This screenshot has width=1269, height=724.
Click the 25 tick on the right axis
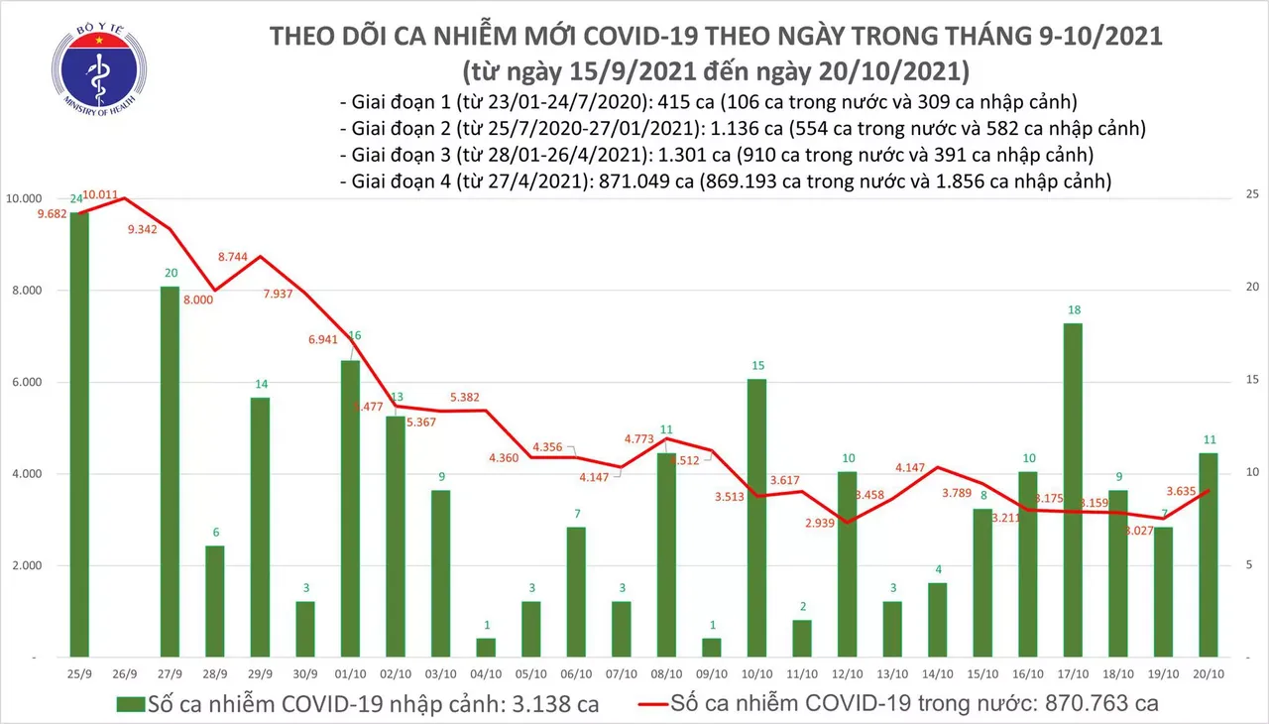click(x=1250, y=195)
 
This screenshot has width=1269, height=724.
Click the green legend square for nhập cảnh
click(x=130, y=705)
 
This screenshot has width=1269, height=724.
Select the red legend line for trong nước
click(x=634, y=705)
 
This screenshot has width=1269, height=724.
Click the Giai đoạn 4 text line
click(x=724, y=181)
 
